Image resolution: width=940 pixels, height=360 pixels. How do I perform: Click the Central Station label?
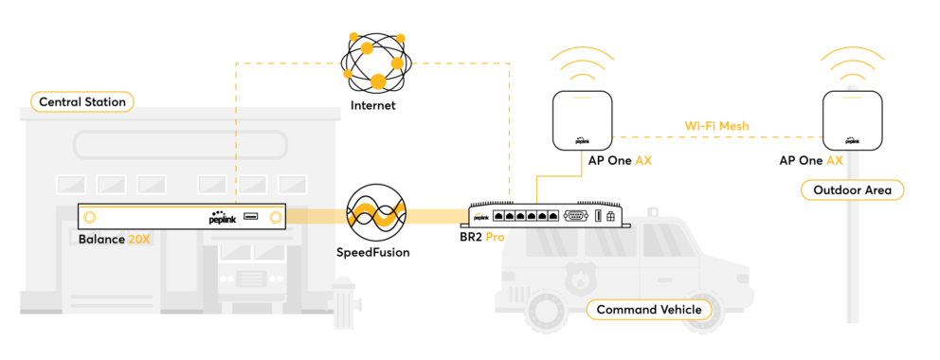coord(82,101)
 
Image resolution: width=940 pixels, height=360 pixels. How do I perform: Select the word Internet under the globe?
coord(373,106)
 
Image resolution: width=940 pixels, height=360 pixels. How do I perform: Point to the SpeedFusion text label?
coord(373,252)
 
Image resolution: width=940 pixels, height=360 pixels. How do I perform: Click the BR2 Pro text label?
coord(479,237)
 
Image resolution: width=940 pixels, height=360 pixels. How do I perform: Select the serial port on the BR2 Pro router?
coord(576,217)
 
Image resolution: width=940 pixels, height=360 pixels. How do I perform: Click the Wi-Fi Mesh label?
coord(717,126)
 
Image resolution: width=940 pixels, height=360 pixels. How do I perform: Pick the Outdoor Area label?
coord(852,190)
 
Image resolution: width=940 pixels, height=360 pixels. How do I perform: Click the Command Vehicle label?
coord(649,311)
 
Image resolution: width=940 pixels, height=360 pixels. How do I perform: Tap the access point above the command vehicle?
coord(582,120)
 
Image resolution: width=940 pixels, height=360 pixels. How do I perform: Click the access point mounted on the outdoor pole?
coord(852,120)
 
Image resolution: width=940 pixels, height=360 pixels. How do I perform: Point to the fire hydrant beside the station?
coord(347,302)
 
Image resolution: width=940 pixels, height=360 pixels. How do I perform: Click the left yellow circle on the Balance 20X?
coord(90,217)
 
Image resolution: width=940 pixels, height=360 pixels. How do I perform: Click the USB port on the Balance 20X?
coord(251,216)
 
